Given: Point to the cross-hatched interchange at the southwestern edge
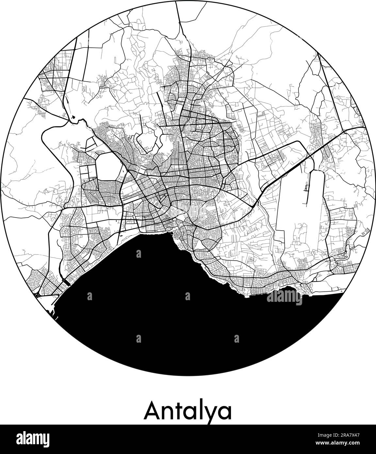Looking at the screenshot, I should click(x=37, y=295).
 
